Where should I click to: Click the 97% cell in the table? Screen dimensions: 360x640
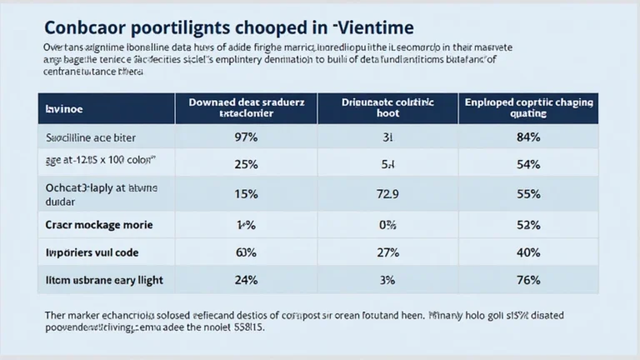tap(246, 136)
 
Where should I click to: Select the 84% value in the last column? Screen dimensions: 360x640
tap(528, 136)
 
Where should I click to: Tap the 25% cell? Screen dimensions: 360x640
tap(246, 164)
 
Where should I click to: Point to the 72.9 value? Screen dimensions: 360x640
tap(387, 194)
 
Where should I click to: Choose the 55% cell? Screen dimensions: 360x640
tap(528, 194)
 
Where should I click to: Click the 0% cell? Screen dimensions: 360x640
tap(387, 224)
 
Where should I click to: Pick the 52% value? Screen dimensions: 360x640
tap(528, 224)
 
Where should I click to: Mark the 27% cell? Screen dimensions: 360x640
tap(387, 252)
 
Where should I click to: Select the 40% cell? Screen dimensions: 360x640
tap(528, 252)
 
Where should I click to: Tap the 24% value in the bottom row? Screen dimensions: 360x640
tap(246, 280)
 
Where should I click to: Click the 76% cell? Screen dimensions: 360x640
tap(528, 280)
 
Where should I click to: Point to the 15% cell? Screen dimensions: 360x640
tap(246, 194)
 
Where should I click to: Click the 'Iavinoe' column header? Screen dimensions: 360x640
tap(63, 109)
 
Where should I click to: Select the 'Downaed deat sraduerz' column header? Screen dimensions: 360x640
tap(246, 108)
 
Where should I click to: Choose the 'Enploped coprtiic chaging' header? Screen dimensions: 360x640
tap(528, 108)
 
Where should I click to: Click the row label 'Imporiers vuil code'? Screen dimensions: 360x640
tap(92, 252)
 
